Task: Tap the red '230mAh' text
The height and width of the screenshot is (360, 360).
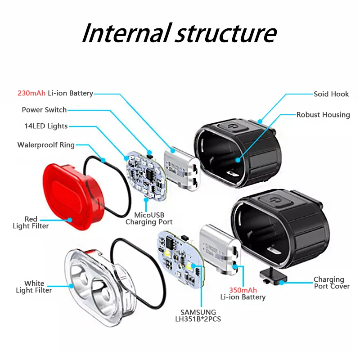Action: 31,94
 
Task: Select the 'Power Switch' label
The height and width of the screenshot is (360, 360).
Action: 44,110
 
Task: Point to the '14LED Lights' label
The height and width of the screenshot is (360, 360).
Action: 46,126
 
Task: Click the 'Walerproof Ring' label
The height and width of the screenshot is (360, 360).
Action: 46,145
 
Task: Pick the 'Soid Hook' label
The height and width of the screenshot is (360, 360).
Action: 331,94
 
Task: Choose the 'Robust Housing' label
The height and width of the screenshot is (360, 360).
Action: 323,115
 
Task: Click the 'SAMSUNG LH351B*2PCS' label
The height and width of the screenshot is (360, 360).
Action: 198,315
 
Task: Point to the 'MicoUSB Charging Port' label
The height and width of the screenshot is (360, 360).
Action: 148,218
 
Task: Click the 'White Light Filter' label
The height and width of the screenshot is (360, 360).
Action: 34,287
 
